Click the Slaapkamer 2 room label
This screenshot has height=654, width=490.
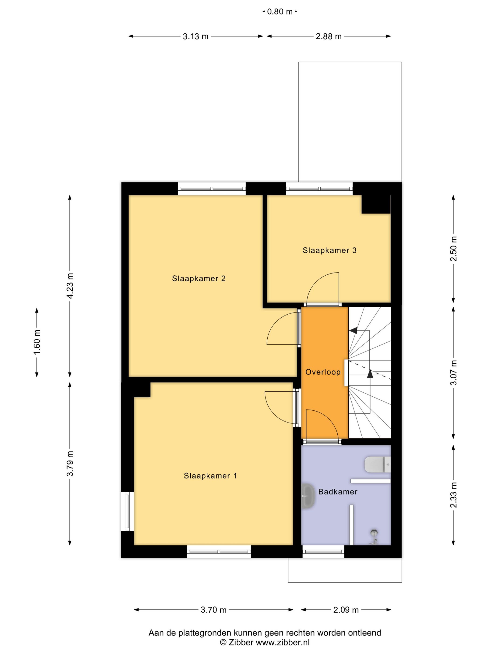click(x=199, y=278)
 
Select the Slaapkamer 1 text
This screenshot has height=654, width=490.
click(x=210, y=476)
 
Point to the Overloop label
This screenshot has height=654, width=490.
click(x=323, y=372)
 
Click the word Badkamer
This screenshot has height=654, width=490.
click(x=338, y=492)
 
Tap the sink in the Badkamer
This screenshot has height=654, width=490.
click(x=308, y=496)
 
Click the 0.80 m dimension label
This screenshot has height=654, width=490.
click(x=279, y=12)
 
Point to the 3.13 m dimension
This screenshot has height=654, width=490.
click(x=196, y=36)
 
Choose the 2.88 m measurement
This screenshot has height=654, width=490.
click(x=329, y=36)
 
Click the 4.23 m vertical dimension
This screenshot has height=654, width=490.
click(x=70, y=286)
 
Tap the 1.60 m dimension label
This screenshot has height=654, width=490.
click(x=37, y=342)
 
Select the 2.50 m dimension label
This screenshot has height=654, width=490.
click(x=453, y=249)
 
